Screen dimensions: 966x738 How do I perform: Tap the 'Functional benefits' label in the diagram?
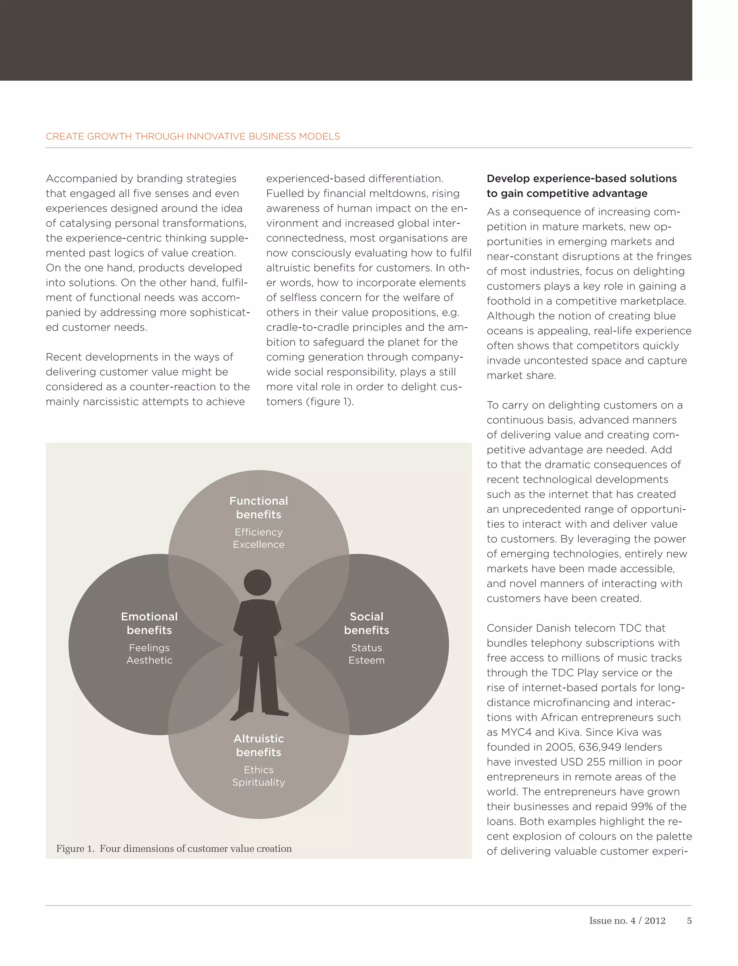(258, 507)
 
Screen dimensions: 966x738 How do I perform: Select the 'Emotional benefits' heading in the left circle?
(149, 623)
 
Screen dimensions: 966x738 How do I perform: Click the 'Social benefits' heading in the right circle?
(366, 623)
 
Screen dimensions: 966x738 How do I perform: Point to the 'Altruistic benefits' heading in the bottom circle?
(258, 745)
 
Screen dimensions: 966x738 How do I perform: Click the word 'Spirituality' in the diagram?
(258, 782)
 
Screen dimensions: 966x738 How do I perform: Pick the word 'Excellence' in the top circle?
(258, 545)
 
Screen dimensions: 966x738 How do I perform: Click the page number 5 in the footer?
(689, 921)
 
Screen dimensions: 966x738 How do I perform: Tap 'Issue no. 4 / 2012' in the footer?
(627, 921)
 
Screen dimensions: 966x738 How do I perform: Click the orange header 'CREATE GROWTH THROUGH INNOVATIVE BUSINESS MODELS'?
(192, 137)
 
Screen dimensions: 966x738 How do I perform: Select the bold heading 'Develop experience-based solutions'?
(581, 179)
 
